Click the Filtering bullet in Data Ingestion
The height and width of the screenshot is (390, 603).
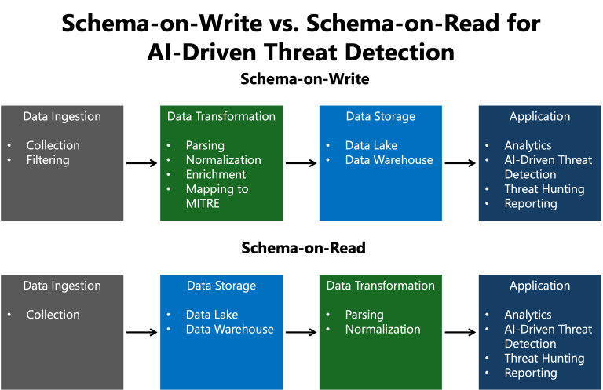48,160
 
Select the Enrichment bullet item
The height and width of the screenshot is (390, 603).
216,174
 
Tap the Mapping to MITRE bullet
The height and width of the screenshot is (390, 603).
217,189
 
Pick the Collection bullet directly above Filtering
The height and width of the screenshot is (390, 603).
53,145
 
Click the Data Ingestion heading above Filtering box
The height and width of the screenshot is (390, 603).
62,116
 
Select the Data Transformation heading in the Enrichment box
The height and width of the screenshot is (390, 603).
221,116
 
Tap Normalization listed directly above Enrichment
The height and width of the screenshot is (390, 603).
223,160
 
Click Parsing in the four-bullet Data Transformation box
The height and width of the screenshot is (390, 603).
205,145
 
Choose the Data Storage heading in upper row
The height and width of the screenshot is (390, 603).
380,116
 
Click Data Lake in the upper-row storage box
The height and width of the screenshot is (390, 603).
371,145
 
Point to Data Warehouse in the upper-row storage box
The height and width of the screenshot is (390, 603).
389,160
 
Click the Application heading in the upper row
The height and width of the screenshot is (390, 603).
539,116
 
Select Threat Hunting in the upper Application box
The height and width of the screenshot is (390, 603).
544,189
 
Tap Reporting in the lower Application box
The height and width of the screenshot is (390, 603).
531,373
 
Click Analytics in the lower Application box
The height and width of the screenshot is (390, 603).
528,315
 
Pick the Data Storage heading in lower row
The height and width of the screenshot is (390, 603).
221,286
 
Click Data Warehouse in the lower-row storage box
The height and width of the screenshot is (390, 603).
229,330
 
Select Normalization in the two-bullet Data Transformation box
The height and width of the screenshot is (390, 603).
382,330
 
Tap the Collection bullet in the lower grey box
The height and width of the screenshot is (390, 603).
53,315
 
